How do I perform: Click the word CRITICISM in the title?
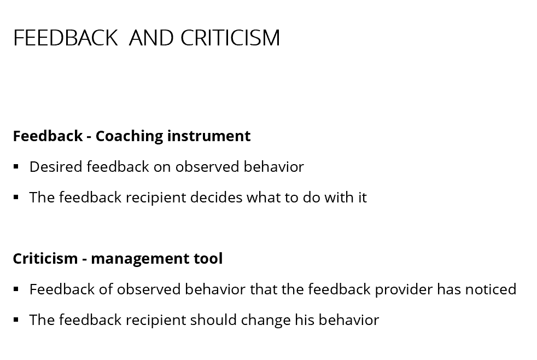230,38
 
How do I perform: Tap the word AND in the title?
151,38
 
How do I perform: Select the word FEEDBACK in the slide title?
66,38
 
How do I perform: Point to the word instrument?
209,136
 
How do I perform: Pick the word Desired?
56,167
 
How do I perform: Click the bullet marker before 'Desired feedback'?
16,167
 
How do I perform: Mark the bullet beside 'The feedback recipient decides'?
16,198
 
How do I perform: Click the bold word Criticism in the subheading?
45,258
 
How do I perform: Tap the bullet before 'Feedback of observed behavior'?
16,289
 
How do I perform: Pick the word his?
305,320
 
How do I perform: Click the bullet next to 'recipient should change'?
16,320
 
